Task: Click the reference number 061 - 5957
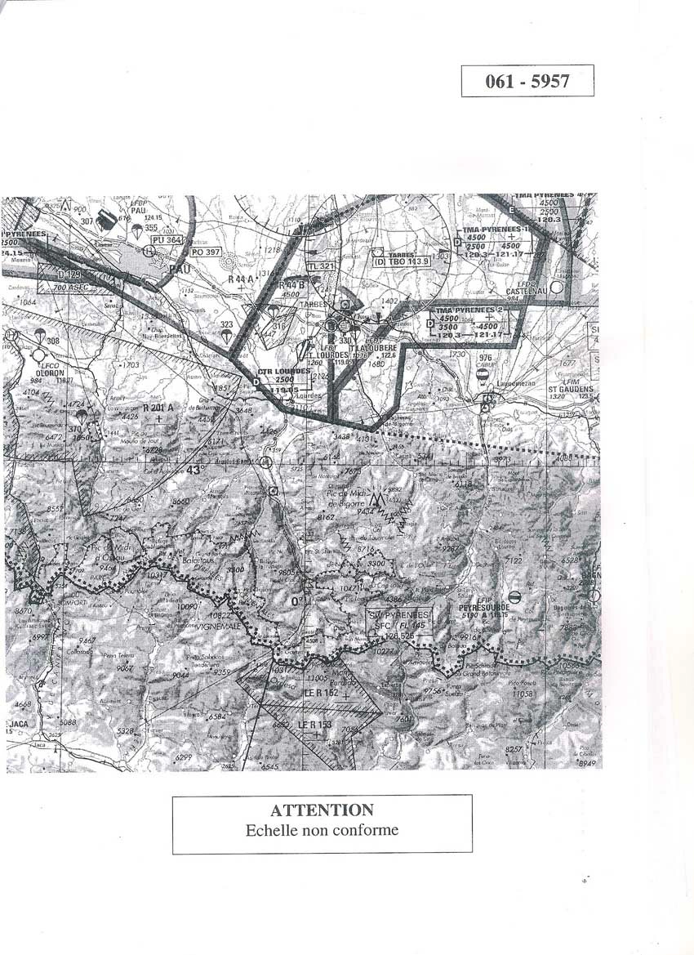pyautogui.click(x=527, y=81)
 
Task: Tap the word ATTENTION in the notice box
pyautogui.click(x=322, y=810)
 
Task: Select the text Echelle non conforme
pyautogui.click(x=322, y=830)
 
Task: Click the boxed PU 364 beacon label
pyautogui.click(x=167, y=240)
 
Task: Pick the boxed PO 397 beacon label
pyautogui.click(x=206, y=252)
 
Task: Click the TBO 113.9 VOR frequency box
pyautogui.click(x=402, y=261)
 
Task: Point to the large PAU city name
pyautogui.click(x=179, y=267)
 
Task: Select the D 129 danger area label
pyautogui.click(x=69, y=274)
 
